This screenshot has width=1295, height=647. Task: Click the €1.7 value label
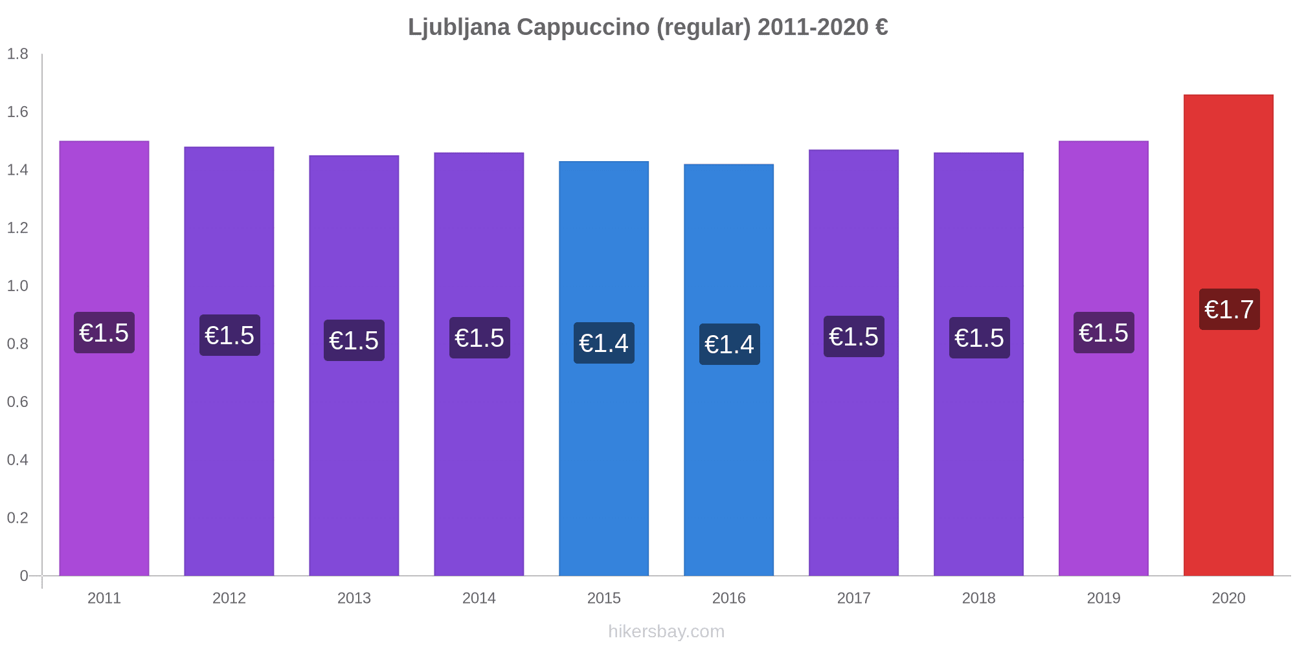coord(1229,310)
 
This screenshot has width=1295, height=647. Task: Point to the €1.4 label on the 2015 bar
coord(603,343)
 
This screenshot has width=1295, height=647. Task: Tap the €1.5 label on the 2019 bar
coord(1103,333)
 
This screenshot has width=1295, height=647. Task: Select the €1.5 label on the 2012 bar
coord(229,335)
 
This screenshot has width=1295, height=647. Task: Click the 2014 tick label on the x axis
coord(479,598)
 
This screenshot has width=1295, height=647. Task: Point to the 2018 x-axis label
coord(978,598)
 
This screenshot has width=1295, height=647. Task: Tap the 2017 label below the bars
coord(853,598)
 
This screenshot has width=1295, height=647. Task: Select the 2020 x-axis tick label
coord(1228,598)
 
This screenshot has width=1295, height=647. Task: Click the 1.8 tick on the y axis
coord(17,54)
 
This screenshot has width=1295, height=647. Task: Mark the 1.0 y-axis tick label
coord(17,286)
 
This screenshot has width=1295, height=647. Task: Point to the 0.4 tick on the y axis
coord(17,460)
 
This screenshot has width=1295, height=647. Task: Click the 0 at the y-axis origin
coord(24,576)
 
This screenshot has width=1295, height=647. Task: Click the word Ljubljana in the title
coord(458,27)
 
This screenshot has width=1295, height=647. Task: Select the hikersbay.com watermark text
coord(666,631)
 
